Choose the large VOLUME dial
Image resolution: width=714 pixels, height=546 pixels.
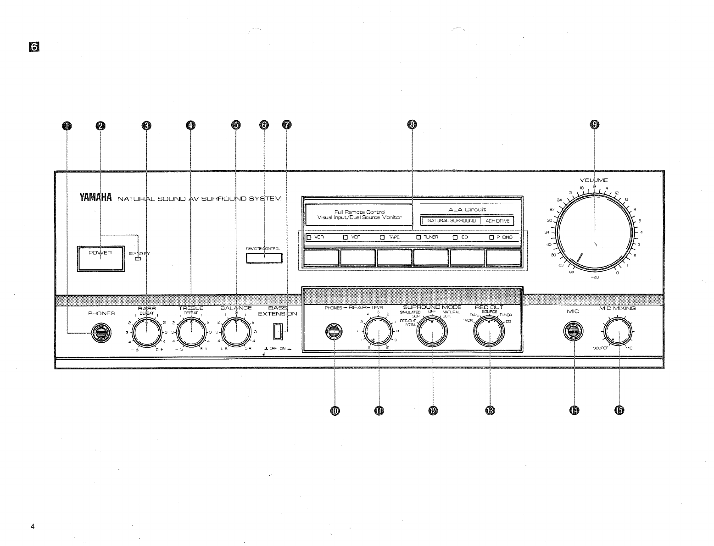(595, 231)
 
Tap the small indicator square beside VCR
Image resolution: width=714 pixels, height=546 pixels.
(309, 238)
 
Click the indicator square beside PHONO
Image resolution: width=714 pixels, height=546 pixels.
(491, 238)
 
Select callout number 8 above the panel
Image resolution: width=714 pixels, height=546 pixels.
(412, 125)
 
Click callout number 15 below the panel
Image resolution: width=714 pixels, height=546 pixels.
(619, 410)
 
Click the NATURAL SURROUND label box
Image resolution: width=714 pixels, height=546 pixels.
(451, 221)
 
